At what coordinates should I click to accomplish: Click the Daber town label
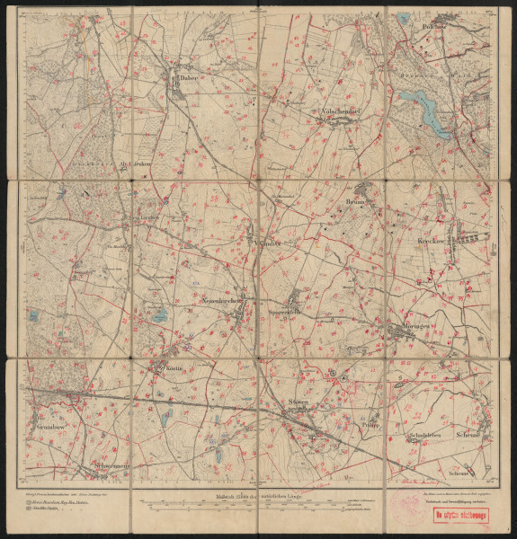187,78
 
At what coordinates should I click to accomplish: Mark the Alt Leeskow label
132,164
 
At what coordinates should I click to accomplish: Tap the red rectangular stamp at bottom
458,515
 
